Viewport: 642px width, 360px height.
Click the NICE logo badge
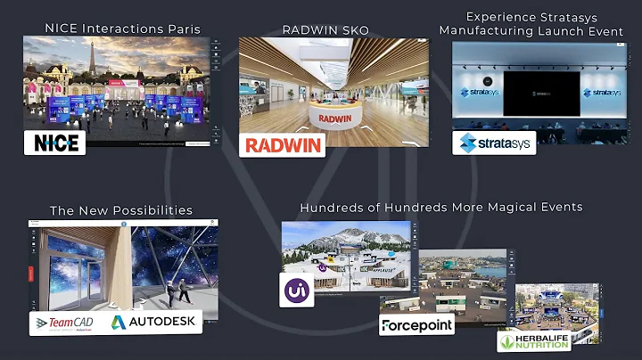coord(55,143)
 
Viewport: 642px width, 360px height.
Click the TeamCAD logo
coord(66,323)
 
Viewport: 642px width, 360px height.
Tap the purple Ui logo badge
coord(295,290)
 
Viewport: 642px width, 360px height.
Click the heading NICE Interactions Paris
coord(122,29)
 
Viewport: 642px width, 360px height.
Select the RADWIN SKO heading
coord(325,30)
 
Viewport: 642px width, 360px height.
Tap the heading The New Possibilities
coord(121,210)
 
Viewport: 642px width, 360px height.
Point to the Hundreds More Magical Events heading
coord(440,207)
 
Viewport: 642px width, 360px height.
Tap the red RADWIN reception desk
coord(334,116)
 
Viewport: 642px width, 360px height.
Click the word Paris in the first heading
coord(183,29)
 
